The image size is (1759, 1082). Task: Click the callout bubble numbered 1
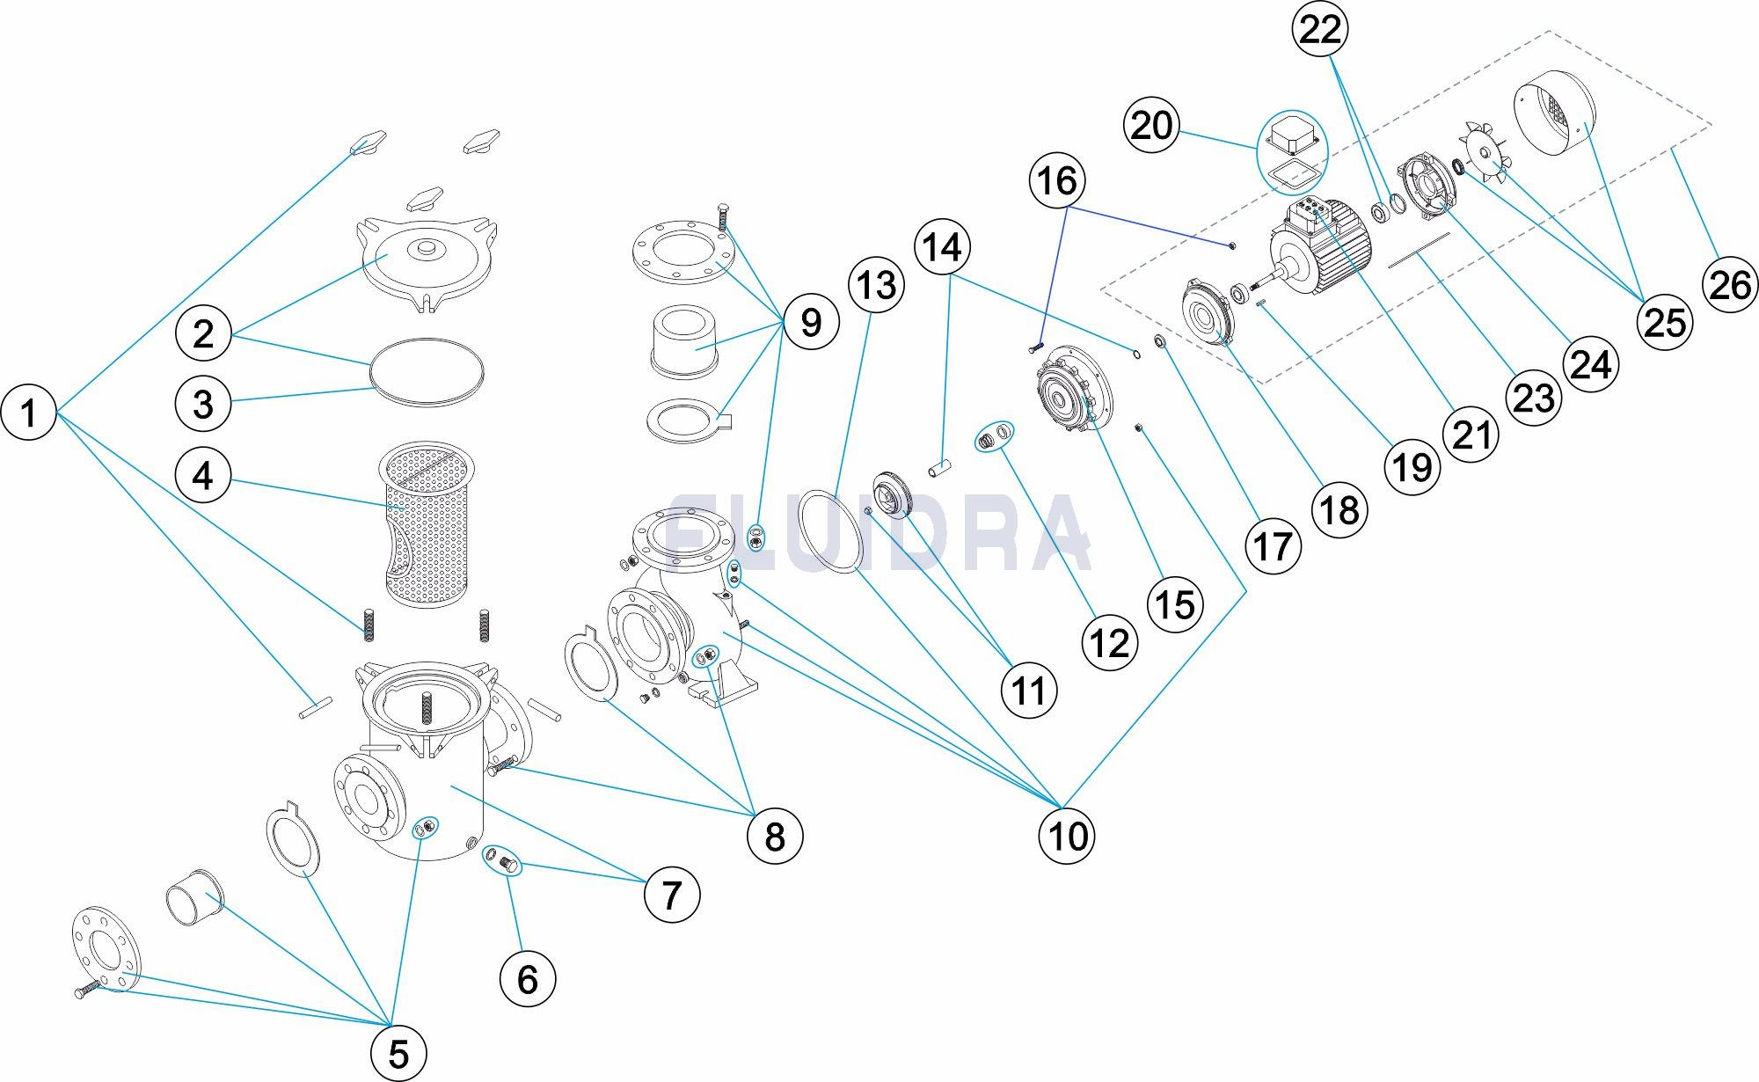coord(29,412)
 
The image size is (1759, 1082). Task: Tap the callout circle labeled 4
coord(203,476)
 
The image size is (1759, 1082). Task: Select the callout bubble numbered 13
coord(877,284)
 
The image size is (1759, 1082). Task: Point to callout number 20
coord(1152,126)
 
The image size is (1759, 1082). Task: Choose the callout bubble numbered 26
coord(1730,284)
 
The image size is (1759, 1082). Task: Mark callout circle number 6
coord(528,978)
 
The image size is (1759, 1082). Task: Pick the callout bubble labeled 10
coord(1068,835)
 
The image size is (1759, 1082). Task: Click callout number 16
coord(1057,180)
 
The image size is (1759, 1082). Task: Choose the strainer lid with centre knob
coord(427,262)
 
